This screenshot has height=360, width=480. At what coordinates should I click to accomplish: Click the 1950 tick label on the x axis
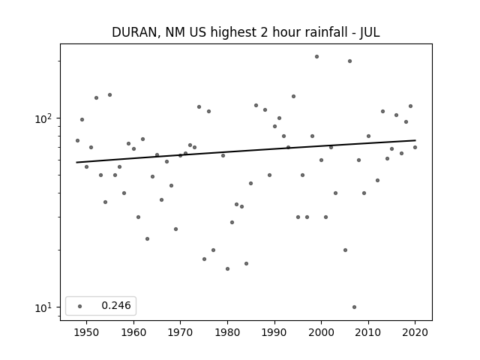(x=87, y=332)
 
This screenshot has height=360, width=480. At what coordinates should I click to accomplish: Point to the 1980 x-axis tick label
(x=227, y=332)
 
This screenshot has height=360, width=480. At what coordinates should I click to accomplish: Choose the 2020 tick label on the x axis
(x=415, y=332)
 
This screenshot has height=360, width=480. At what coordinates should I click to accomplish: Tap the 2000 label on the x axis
(x=321, y=332)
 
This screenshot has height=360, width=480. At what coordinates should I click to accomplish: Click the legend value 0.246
(x=116, y=305)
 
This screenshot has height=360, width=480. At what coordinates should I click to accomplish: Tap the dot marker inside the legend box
(x=80, y=306)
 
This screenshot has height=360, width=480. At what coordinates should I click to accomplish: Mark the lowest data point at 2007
(x=354, y=307)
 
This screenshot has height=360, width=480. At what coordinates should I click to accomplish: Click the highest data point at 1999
(x=316, y=57)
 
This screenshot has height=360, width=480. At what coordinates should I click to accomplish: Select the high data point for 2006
(x=349, y=61)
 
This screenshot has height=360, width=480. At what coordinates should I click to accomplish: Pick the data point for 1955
(x=110, y=95)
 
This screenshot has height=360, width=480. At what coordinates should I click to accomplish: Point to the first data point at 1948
(x=77, y=140)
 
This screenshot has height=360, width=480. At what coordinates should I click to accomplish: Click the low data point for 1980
(x=227, y=268)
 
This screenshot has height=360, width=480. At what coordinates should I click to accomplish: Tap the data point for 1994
(x=293, y=97)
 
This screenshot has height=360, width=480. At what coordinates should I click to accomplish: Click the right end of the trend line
(x=415, y=140)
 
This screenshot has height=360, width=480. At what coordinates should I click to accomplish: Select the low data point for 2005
(x=345, y=250)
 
